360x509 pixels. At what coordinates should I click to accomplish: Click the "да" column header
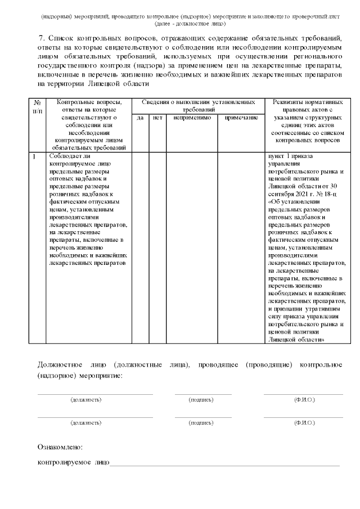[x=140, y=118]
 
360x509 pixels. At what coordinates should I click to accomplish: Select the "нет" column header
[x=157, y=118]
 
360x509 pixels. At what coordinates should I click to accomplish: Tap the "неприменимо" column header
[x=192, y=118]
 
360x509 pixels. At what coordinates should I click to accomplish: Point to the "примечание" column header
[x=241, y=118]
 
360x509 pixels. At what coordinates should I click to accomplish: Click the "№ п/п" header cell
[x=37, y=106]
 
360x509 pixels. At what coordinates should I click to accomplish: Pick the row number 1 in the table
[x=35, y=156]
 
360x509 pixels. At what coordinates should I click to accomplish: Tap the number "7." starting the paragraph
[x=41, y=38]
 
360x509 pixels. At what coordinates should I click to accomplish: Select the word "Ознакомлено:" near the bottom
[x=60, y=447]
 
